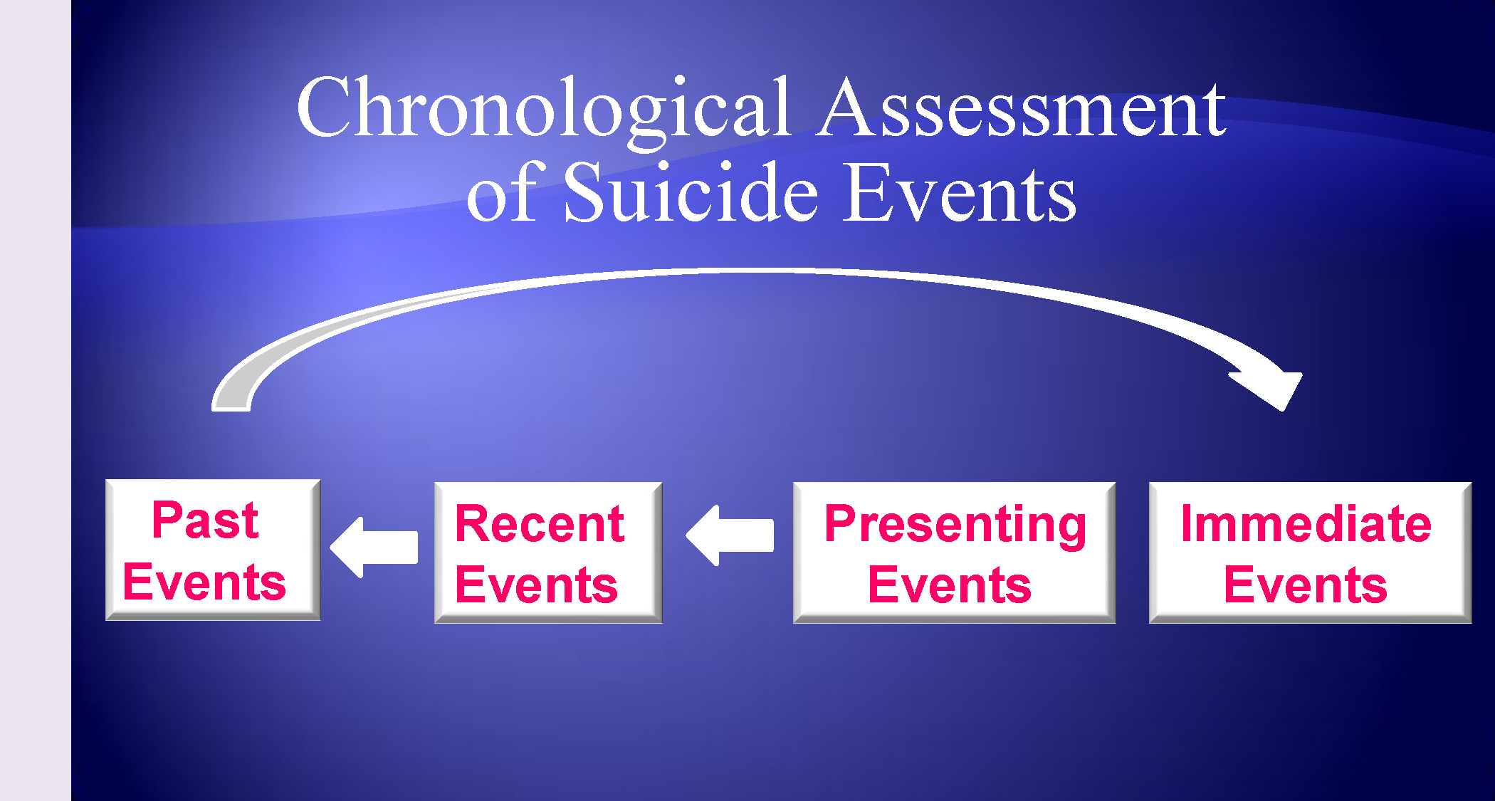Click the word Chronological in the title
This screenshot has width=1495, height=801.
pos(544,111)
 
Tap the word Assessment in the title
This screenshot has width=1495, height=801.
pos(1022,108)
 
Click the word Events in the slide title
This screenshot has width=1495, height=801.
pos(960,192)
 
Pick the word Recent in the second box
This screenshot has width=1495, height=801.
pos(540,524)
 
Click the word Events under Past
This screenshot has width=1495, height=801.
pos(204,582)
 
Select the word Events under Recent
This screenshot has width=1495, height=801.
pos(536,585)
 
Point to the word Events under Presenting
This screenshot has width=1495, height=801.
pos(950,585)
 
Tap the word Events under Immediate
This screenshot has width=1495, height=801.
pos(1306,585)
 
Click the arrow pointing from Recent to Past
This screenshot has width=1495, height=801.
pos(374,547)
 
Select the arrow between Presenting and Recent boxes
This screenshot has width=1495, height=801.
pos(730,535)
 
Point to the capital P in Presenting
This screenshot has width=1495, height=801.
pos(840,523)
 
